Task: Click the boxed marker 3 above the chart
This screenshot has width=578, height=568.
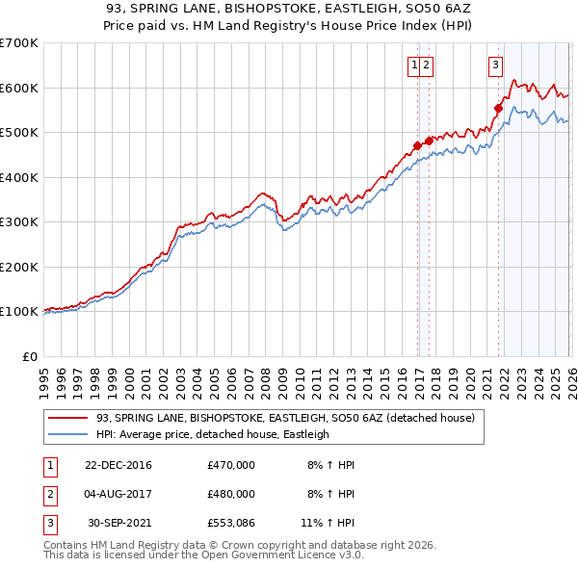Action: (495, 65)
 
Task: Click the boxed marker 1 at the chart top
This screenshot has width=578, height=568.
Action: (413, 65)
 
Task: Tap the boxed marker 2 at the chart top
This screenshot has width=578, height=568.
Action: (426, 65)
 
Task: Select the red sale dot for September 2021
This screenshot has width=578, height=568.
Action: (498, 108)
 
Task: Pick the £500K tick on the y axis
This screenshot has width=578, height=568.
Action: (19, 133)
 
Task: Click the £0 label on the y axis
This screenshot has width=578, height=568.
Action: (29, 356)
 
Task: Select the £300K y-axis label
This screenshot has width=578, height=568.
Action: (19, 222)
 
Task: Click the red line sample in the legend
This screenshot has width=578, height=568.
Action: (68, 419)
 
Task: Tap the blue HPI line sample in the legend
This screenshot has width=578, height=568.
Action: (68, 434)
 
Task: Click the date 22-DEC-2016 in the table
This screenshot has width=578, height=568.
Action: (118, 465)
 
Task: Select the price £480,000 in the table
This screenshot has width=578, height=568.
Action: (231, 493)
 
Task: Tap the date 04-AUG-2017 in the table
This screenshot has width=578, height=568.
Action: (118, 493)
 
